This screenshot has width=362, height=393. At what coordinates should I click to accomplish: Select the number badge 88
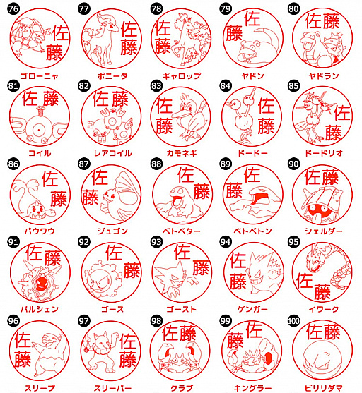156,164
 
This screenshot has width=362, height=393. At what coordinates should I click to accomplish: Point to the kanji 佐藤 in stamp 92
120,260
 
